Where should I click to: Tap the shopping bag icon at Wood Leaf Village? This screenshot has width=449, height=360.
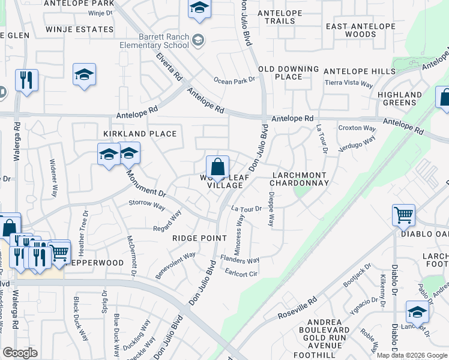(x=217, y=166)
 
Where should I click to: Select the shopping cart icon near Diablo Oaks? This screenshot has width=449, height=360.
(x=403, y=215)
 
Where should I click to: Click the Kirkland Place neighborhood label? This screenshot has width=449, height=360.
(x=140, y=133)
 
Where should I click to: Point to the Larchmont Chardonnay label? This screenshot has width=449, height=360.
(x=300, y=178)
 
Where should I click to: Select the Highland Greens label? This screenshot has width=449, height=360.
(x=400, y=98)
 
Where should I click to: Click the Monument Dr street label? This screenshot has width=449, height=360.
(x=145, y=184)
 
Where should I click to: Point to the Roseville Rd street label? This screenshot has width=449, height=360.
(x=297, y=309)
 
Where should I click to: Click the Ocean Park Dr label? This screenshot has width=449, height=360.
(x=235, y=80)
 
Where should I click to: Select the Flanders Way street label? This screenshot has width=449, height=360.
(x=240, y=260)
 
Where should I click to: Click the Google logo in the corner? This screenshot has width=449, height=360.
(x=20, y=353)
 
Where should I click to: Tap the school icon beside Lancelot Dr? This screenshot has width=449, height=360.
(x=417, y=311)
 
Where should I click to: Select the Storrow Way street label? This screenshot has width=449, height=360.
(x=147, y=205)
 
